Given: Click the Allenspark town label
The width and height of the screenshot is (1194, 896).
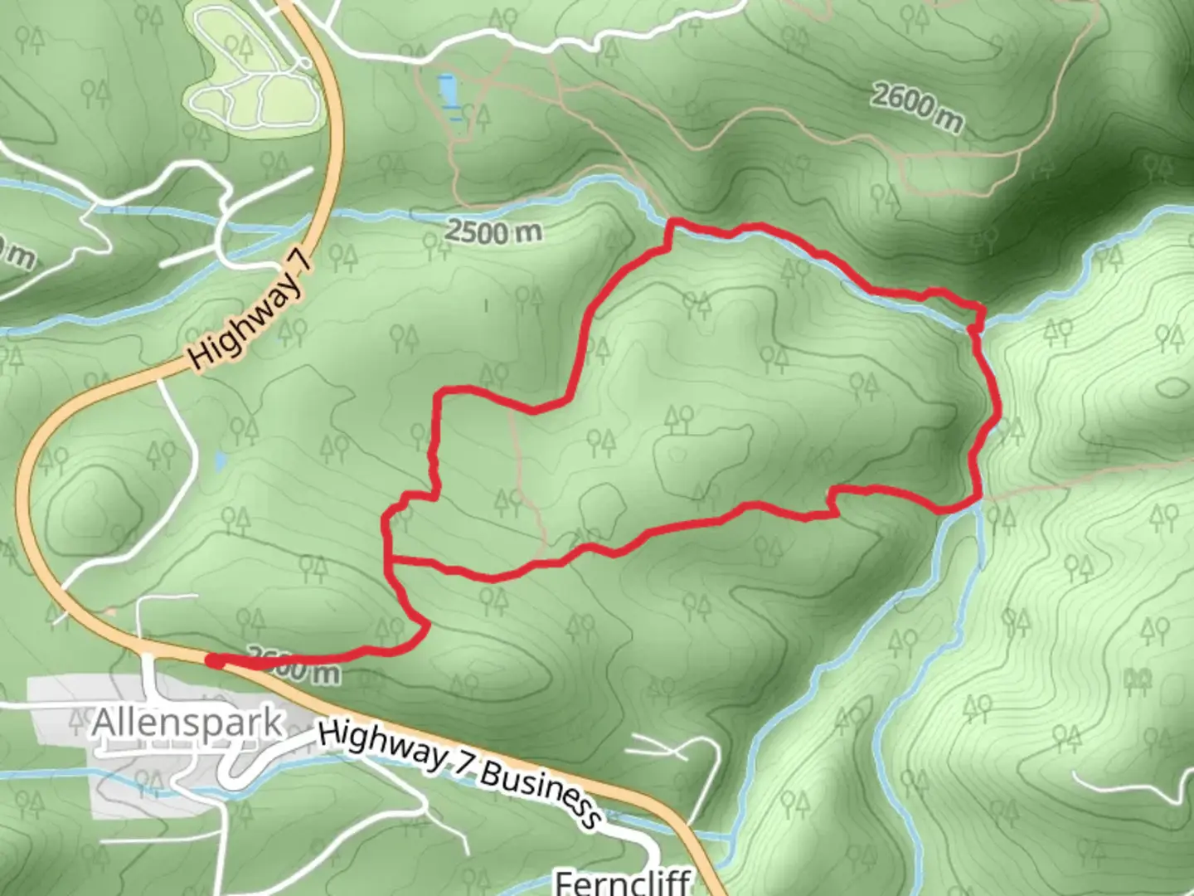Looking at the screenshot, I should [x=187, y=723].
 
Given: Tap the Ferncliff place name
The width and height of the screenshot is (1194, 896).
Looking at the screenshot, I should [x=622, y=881].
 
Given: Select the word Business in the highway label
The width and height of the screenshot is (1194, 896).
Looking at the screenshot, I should [x=540, y=791].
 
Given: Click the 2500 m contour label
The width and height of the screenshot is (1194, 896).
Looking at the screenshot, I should [x=493, y=231].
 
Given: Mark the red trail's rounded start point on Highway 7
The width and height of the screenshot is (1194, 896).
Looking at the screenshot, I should [x=213, y=660].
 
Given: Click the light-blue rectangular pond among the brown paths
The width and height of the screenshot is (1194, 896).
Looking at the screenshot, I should [x=448, y=90].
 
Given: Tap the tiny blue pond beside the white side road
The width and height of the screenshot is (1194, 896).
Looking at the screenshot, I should [x=220, y=461].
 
